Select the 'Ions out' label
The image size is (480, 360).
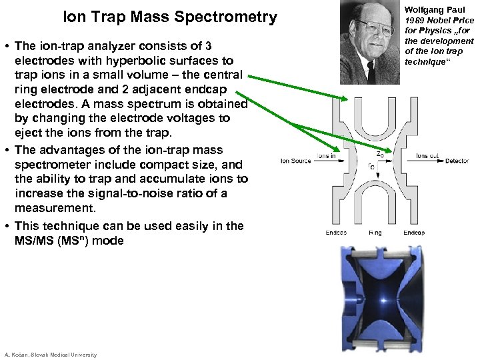pyautogui.click(x=427, y=156)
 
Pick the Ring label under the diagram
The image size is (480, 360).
pyautogui.click(x=375, y=233)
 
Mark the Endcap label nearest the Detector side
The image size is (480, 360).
pyautogui.click(x=414, y=233)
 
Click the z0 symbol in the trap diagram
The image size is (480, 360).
pyautogui.click(x=379, y=153)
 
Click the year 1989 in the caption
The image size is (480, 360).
pyautogui.click(x=415, y=21)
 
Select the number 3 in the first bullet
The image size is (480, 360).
pyautogui.click(x=208, y=46)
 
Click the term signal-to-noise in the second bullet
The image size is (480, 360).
pyautogui.click(x=151, y=193)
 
